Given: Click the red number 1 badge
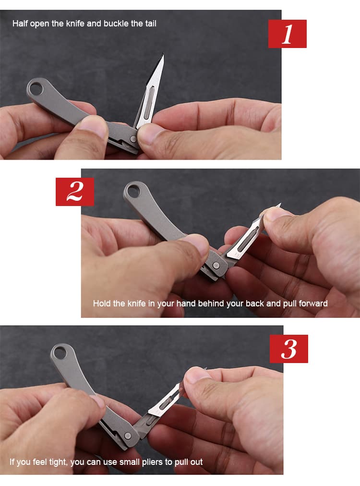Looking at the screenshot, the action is click(x=287, y=34).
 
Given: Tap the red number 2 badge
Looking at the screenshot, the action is click(x=75, y=192).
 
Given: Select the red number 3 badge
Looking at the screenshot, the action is click(x=289, y=349).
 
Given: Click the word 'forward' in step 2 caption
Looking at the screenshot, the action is click(x=313, y=303).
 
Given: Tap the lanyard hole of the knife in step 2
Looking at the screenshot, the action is click(x=133, y=190).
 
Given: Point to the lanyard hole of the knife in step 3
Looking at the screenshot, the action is click(x=60, y=352).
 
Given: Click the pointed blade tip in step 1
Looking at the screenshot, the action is click(x=163, y=55).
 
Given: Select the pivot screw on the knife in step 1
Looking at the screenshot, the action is click(x=132, y=139).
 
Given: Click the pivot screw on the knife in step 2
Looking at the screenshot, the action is click(x=216, y=265).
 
